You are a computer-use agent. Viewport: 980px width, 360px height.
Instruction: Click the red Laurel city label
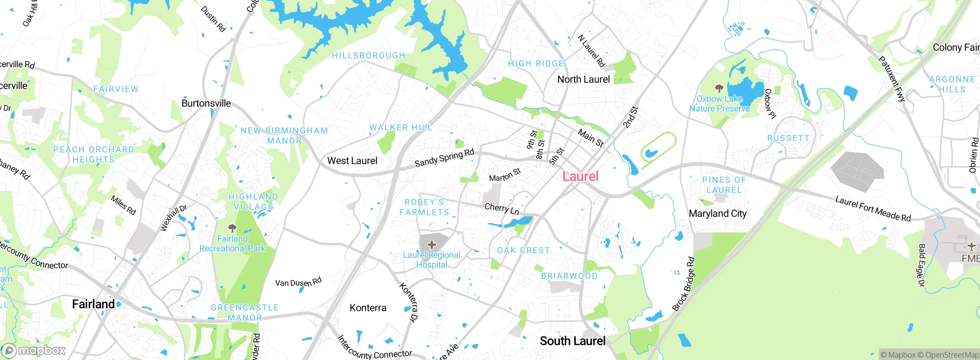coord(580,177)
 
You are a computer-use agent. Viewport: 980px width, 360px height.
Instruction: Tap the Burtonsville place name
coord(206,103)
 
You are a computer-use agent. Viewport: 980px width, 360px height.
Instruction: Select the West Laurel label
coord(352,161)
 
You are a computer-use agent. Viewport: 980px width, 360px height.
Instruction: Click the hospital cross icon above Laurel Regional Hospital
coord(432,244)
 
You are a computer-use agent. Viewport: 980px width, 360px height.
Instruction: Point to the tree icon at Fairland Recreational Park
coord(232,229)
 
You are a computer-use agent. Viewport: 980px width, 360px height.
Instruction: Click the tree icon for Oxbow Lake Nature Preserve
coord(719,88)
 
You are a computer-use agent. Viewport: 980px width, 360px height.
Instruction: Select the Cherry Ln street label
coord(501,209)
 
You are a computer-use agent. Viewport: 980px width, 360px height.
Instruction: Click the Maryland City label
coord(717,214)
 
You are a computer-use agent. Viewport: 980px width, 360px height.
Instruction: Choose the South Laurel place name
coord(572,341)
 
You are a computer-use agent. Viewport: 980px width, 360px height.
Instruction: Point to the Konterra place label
coord(368,308)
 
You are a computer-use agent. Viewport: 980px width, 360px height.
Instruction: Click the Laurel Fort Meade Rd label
coord(872,209)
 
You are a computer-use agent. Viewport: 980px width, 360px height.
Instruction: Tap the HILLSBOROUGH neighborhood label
coord(368,56)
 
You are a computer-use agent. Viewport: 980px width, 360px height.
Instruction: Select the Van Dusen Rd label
coord(298,282)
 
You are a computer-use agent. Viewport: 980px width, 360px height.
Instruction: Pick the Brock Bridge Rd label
coord(683,284)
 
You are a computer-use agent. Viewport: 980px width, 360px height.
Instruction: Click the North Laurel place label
coord(583,80)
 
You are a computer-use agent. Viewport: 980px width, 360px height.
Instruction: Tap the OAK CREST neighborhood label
coord(523,250)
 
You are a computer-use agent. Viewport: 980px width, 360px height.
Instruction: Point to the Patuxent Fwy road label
coord(892,79)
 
